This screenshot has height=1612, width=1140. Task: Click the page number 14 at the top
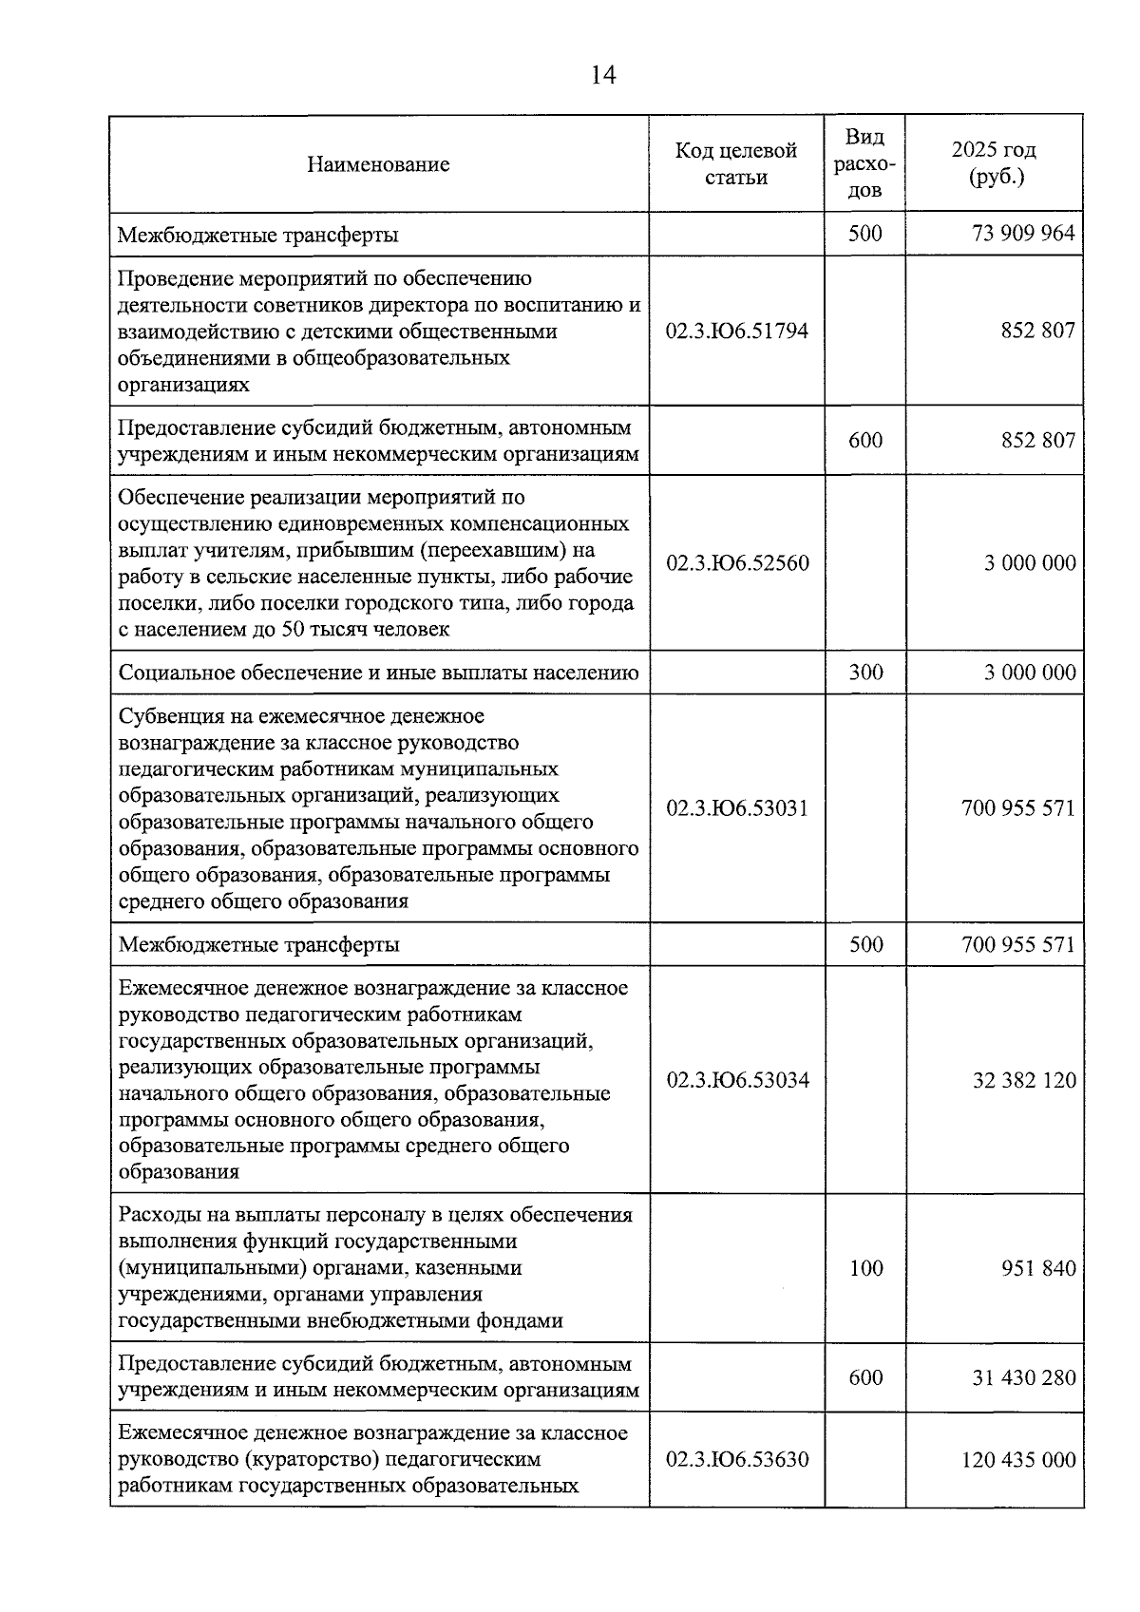pos(603,75)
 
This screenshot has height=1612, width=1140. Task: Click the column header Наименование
pos(378,164)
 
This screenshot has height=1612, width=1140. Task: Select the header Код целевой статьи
pos(736,163)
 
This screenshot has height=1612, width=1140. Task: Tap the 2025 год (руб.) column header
pos(994,163)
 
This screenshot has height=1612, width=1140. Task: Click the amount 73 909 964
pos(1023,234)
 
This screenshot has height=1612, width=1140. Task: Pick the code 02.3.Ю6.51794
pos(737,331)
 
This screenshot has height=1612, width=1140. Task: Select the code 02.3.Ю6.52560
pos(737,563)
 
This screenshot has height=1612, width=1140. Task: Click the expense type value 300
pos(865,673)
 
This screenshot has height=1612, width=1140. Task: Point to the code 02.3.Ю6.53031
pos(737,808)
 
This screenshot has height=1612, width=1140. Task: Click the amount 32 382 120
pos(1024,1080)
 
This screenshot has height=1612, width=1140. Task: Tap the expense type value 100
pos(865,1268)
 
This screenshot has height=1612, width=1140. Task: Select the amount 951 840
pos(1038,1268)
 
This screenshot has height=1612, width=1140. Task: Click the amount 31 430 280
pos(1024,1377)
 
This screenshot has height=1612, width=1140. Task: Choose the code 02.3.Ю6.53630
pos(737,1459)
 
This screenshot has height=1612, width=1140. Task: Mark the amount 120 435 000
pos(1018,1459)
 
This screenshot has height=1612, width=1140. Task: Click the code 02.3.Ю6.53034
pos(737,1080)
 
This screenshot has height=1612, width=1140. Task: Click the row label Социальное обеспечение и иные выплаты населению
pos(378,673)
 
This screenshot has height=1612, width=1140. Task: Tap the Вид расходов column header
pos(864,163)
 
